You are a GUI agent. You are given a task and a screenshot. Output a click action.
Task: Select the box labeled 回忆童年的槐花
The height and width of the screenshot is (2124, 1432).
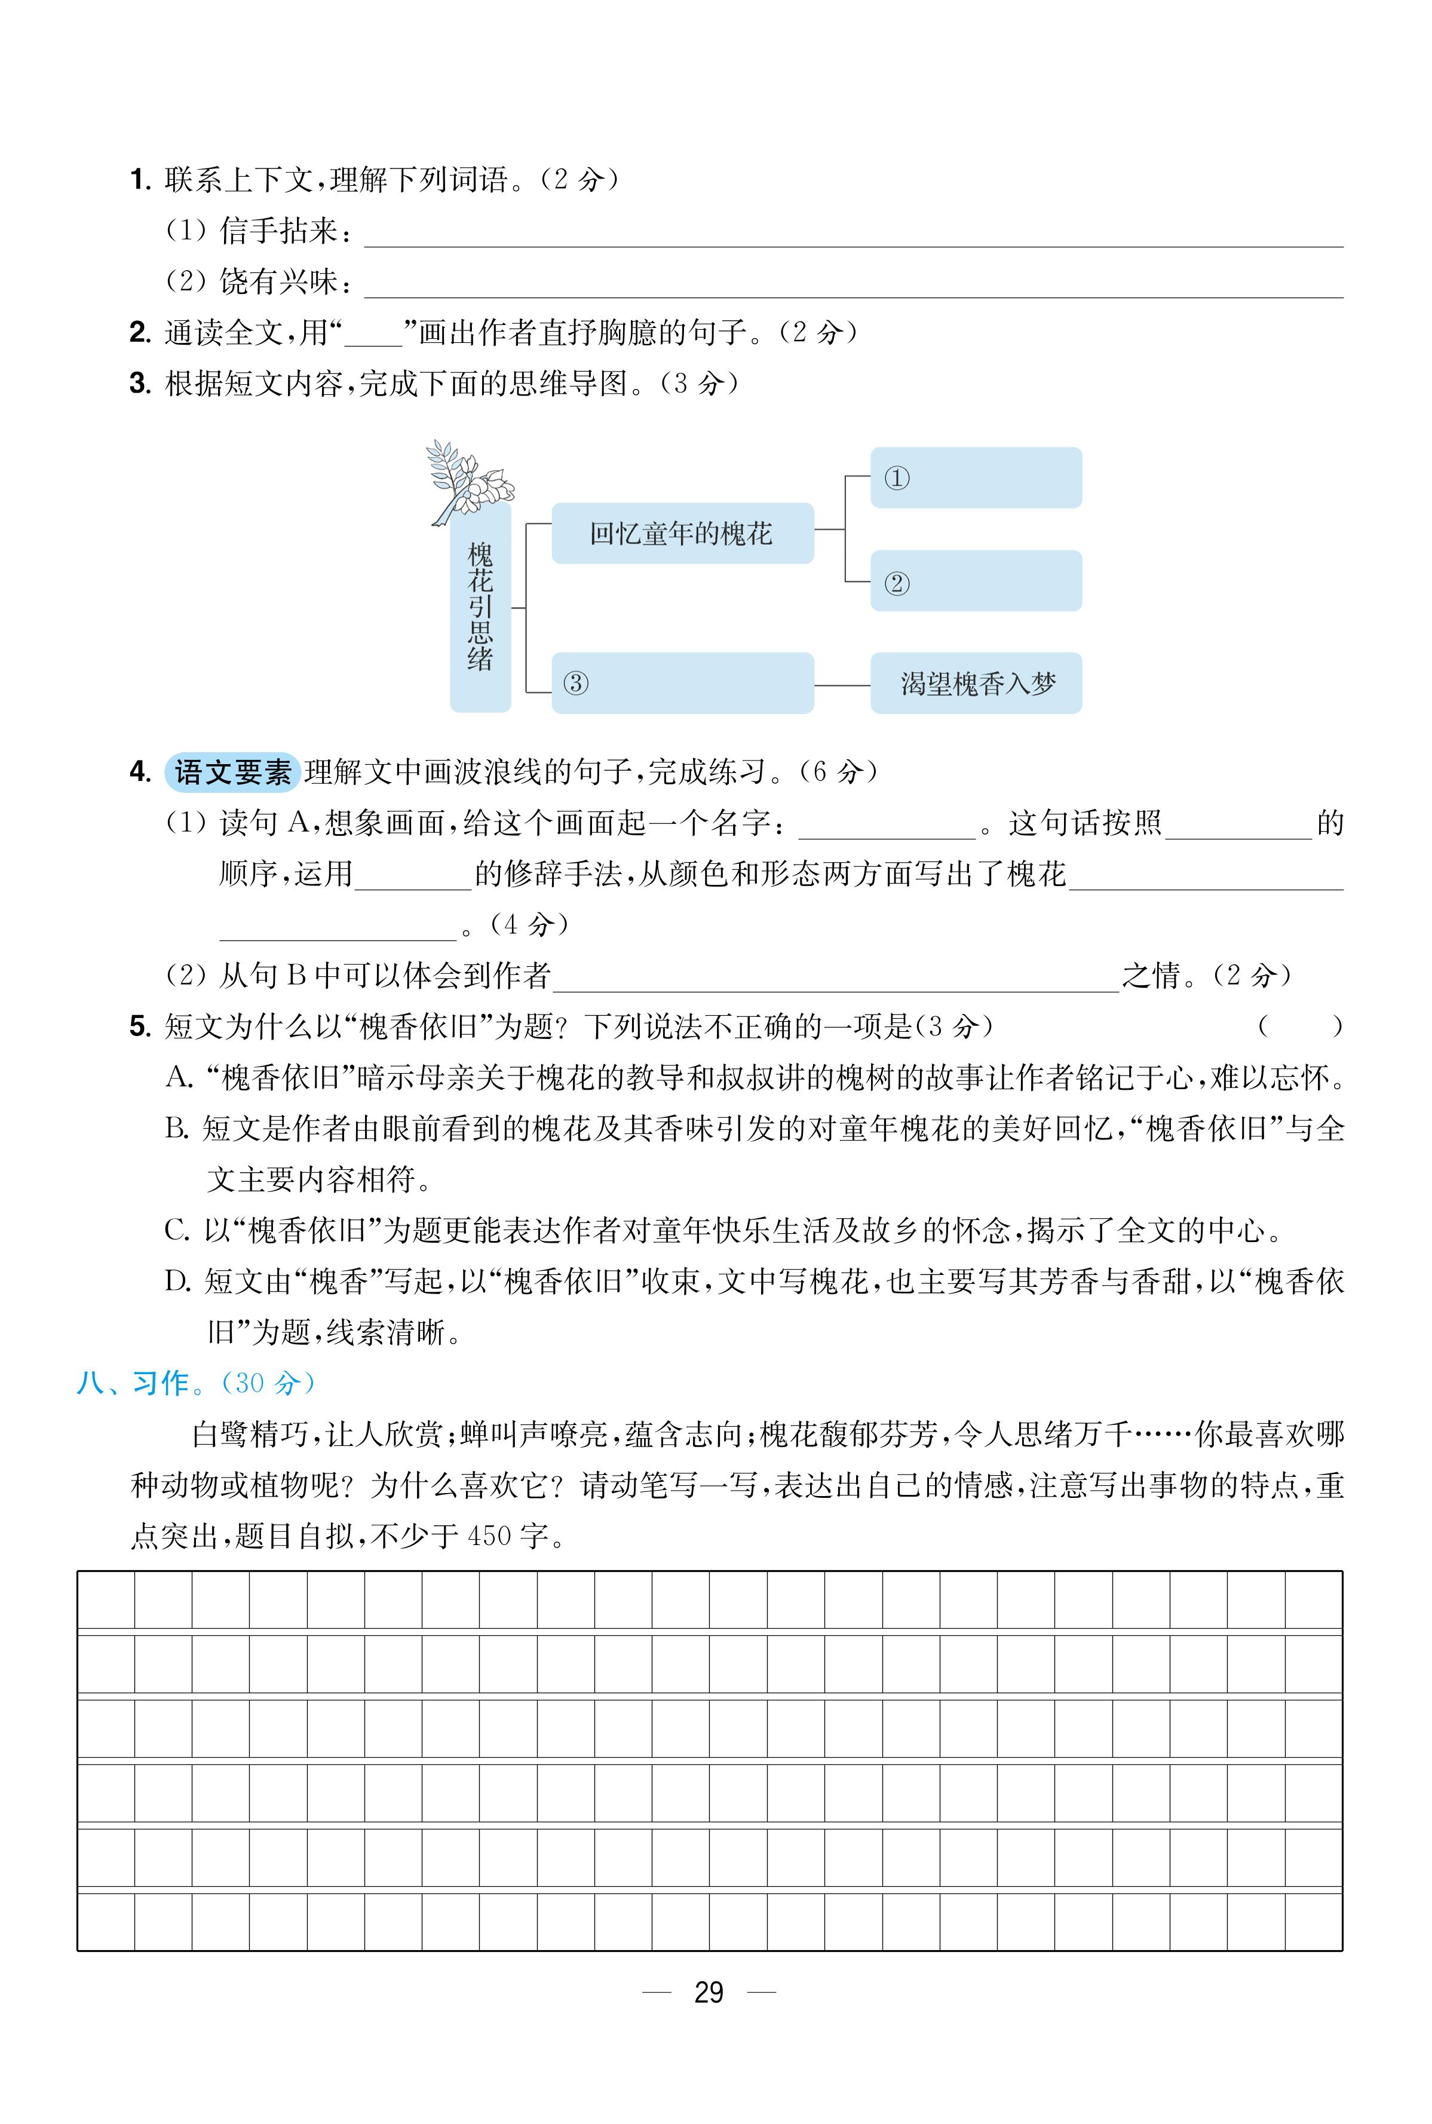click(x=681, y=534)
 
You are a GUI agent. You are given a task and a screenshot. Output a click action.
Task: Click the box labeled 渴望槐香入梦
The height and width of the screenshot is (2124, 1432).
click(x=976, y=683)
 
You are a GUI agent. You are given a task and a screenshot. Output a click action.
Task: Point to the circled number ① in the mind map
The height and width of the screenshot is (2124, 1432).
click(x=897, y=477)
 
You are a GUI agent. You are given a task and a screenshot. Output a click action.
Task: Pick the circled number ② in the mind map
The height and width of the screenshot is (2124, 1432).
click(x=897, y=583)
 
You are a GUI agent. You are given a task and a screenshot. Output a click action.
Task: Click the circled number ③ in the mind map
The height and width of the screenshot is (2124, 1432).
click(x=575, y=683)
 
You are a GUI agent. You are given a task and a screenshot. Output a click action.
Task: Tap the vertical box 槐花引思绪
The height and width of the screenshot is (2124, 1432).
click(x=480, y=607)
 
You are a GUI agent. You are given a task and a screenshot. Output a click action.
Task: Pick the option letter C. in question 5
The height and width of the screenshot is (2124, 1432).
click(x=177, y=1231)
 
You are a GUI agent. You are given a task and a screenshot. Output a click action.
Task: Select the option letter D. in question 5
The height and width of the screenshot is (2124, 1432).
click(x=178, y=1282)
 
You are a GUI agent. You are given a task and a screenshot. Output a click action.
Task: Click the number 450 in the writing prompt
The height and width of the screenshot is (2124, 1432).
click(x=489, y=1536)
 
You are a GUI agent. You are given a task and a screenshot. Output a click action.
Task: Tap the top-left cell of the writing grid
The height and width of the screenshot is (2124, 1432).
click(x=106, y=1600)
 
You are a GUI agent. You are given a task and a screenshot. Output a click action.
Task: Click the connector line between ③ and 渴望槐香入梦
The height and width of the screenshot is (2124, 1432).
click(x=841, y=684)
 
